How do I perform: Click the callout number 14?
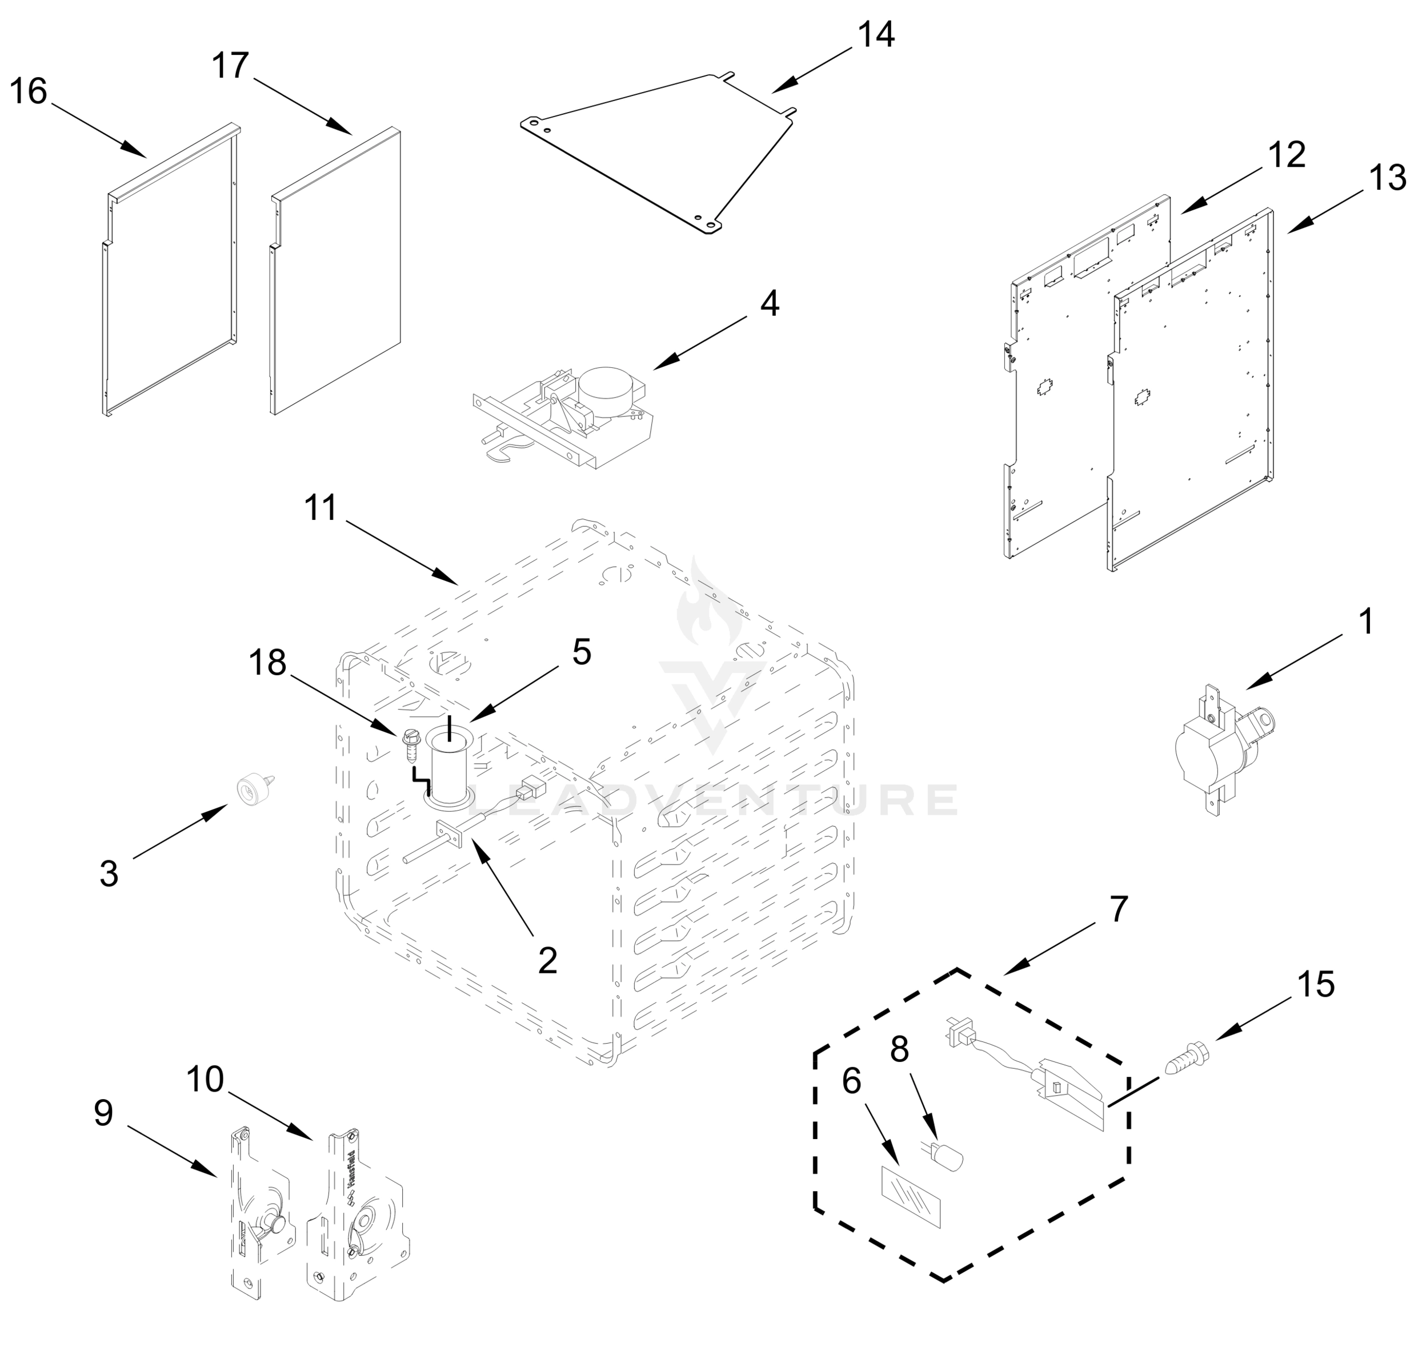(876, 35)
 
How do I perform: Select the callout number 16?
(29, 93)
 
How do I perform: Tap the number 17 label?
(230, 66)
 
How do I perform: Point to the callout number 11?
(320, 508)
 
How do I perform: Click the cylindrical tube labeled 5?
(450, 769)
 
